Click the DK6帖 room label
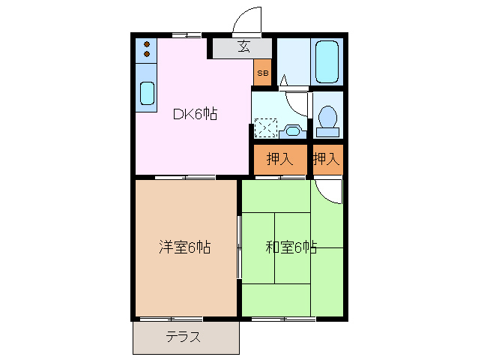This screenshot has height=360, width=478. tap(196, 114)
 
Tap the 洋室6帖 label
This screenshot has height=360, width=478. tap(184, 247)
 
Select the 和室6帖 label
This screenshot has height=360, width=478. tap(290, 247)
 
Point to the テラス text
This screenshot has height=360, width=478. tap(184, 337)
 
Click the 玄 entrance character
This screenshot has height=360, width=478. tap(243, 47)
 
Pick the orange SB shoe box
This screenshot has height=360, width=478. tap(262, 73)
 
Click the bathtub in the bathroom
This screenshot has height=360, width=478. tap(327, 61)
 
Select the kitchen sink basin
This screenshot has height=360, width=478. tap(147, 94)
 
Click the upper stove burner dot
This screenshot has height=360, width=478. tap(147, 43)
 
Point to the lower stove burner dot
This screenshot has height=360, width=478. tap(147, 54)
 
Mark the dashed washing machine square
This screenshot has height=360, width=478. tap(265, 128)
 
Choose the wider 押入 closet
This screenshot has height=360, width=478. tap(280, 159)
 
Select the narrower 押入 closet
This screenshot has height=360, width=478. tap(327, 159)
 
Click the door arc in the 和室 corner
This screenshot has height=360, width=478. tap(330, 191)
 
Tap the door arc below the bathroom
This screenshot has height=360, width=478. tap(298, 101)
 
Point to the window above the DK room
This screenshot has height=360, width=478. tap(185, 35)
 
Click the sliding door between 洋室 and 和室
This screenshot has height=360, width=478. tap(239, 247)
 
